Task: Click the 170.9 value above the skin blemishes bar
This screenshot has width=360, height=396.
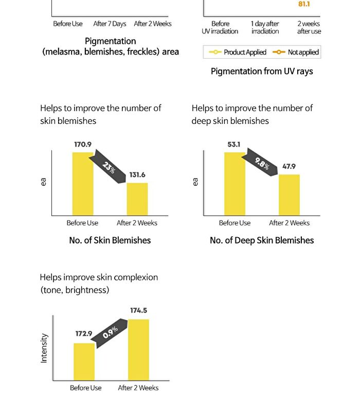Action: coord(83,144)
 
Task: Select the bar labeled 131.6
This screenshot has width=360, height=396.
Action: coord(137,199)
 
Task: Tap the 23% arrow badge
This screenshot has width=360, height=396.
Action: coord(107,166)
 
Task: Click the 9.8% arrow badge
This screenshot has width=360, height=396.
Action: coord(260,162)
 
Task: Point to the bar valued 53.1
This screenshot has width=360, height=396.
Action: coord(235,184)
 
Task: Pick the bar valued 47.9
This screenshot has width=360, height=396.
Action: coord(289,195)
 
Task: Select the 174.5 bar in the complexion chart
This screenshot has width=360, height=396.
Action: coord(138,350)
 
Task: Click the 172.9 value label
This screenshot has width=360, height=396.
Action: coord(84,334)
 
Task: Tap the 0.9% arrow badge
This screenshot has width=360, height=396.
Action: coord(110,333)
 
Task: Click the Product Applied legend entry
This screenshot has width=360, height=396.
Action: coord(238,52)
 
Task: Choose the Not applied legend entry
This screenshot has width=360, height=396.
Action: coord(296,52)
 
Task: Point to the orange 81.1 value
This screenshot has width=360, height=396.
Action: coord(304,4)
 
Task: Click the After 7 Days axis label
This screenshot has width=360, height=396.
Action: coord(110,24)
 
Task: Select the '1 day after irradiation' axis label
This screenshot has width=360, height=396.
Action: coord(265,27)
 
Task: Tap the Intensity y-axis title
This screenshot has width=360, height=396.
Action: coord(44,348)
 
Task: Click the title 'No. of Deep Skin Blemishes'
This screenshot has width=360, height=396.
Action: coord(262,240)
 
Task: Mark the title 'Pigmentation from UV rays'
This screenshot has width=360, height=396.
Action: coord(262,71)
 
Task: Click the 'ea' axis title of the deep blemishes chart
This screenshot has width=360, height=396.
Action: coord(195,182)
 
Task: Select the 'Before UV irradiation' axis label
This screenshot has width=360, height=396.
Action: coord(220,27)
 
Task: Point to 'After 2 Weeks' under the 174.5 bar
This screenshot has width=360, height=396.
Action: coord(138,388)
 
